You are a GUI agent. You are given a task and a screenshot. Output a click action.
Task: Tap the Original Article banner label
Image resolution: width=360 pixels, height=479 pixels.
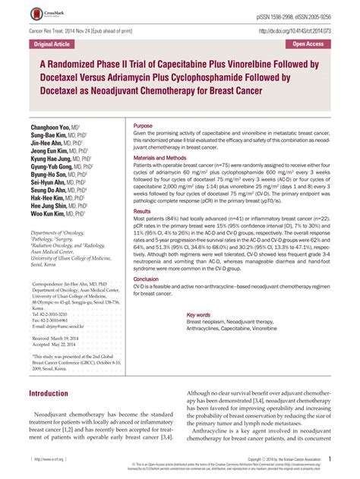point(46,44)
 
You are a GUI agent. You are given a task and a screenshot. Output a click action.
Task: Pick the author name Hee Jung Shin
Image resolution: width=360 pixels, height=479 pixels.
point(53,205)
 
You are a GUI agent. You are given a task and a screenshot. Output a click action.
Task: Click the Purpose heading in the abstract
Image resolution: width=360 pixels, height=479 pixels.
point(143,124)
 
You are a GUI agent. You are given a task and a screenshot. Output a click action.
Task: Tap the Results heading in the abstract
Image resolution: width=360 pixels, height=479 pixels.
point(142,210)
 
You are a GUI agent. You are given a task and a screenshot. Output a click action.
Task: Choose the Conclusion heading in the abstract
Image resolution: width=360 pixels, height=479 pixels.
point(147,279)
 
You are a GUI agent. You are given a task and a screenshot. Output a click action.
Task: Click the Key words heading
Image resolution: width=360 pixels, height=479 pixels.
point(198,314)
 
